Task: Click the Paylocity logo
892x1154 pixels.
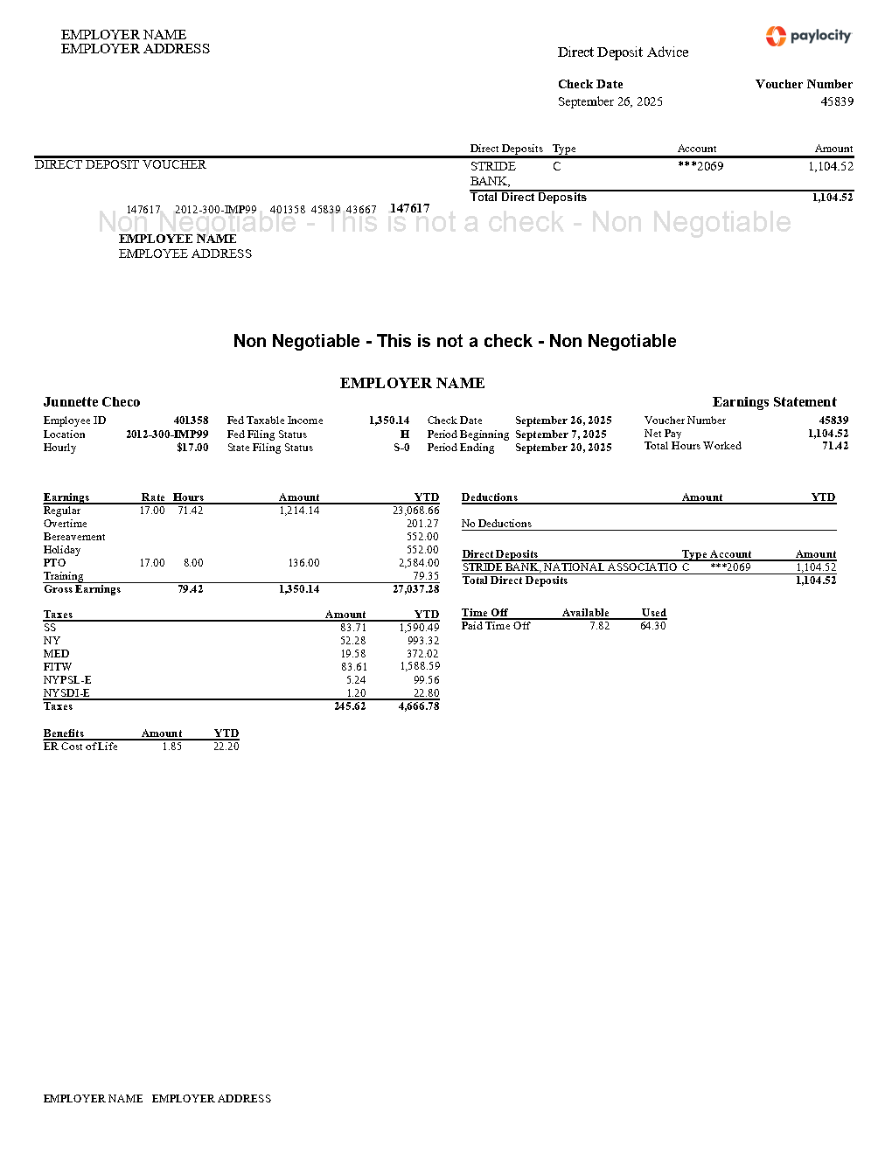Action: pyautogui.click(x=808, y=36)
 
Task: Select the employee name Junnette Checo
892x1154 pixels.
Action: pyautogui.click(x=92, y=402)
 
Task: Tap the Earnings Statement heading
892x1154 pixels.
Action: pyautogui.click(x=774, y=402)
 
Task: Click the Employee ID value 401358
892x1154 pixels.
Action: pyautogui.click(x=191, y=421)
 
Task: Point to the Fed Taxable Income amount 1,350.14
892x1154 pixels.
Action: pyautogui.click(x=389, y=421)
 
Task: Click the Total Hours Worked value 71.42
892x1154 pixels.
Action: pyautogui.click(x=835, y=446)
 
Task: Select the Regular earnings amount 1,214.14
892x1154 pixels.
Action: pyautogui.click(x=299, y=511)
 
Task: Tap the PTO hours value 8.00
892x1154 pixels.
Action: pyautogui.click(x=193, y=563)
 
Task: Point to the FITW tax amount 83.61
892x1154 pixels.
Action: pyautogui.click(x=353, y=667)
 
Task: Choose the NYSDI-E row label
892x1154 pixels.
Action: pyautogui.click(x=66, y=693)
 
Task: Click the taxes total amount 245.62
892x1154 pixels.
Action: pyautogui.click(x=350, y=706)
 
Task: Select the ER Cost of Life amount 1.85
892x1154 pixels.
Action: pyautogui.click(x=172, y=747)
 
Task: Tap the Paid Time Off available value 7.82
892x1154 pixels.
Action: pyautogui.click(x=599, y=626)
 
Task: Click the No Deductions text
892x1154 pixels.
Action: pyautogui.click(x=496, y=524)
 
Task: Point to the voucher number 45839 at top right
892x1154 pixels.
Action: pyautogui.click(x=837, y=101)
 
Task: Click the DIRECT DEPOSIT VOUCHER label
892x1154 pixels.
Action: pyautogui.click(x=120, y=164)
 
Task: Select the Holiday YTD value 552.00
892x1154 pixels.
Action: pyautogui.click(x=422, y=550)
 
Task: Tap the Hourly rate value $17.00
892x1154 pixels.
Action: pyautogui.click(x=192, y=448)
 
